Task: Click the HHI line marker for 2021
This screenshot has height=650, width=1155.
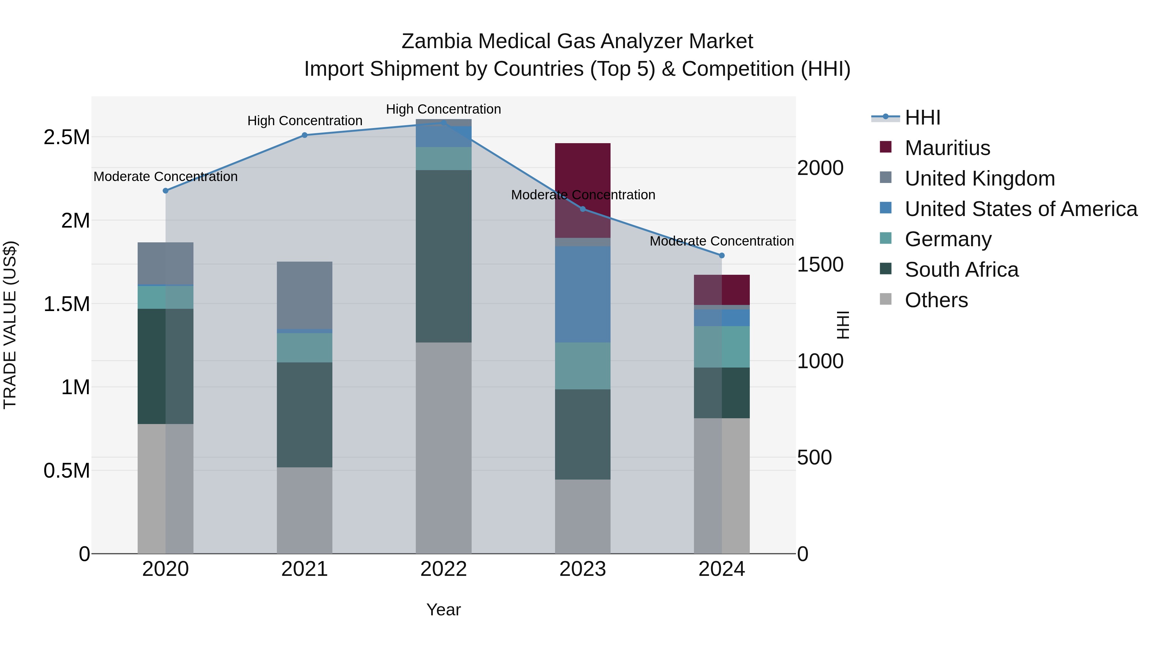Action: (304, 135)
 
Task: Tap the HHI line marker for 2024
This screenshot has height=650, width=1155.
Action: (722, 255)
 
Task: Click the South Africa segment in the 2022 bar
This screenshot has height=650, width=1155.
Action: (443, 256)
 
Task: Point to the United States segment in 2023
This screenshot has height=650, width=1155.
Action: (582, 294)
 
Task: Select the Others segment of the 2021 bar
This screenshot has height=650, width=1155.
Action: (304, 510)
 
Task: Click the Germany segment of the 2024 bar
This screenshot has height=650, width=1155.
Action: (722, 346)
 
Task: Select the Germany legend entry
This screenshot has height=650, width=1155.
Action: (947, 239)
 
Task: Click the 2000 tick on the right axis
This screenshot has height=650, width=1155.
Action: (820, 168)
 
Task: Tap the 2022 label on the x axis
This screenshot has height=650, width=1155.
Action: (443, 569)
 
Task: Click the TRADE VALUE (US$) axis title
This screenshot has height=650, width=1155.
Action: (10, 325)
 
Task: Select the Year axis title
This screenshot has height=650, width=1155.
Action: (443, 610)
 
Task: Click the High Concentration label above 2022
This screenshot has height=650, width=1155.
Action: (443, 109)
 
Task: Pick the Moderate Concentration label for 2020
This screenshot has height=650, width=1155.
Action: (166, 177)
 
